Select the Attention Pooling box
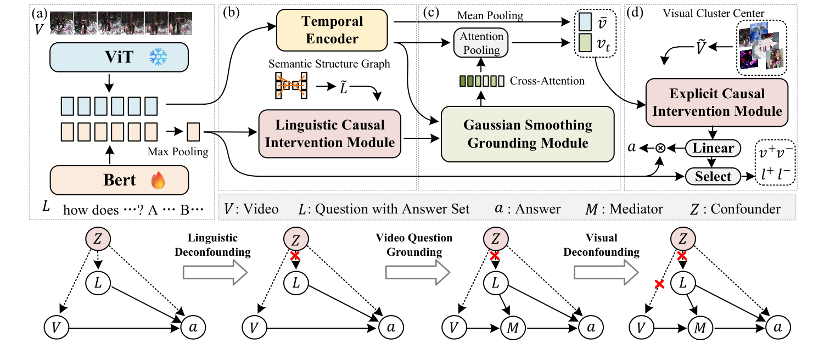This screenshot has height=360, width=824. [481, 43]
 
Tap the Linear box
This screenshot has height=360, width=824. [713, 148]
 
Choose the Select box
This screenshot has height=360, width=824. [713, 176]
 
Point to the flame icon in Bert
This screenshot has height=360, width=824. [158, 179]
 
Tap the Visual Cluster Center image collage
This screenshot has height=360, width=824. [760, 49]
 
